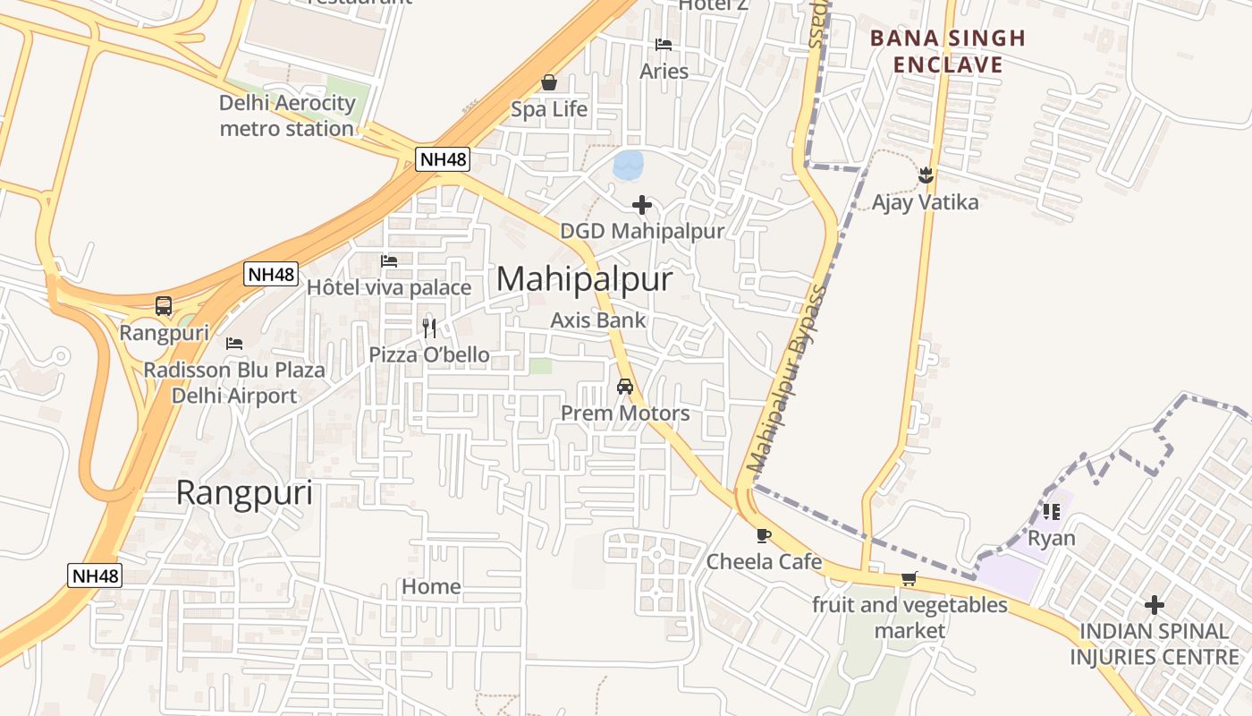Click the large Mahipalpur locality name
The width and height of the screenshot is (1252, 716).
point(584,279)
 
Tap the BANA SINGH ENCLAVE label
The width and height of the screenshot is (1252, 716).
point(947,51)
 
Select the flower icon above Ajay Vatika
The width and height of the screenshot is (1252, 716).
point(926,175)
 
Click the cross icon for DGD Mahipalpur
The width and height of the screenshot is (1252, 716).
point(642,205)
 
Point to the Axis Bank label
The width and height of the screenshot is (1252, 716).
point(597,320)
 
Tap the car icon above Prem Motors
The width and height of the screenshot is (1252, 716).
point(625,387)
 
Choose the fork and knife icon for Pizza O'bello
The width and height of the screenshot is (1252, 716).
point(429,328)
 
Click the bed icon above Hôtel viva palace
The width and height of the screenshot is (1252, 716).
point(389,261)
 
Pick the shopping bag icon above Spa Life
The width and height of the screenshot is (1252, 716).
point(549,82)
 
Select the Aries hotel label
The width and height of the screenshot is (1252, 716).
point(664,71)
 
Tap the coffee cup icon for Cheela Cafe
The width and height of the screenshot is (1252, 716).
point(763,535)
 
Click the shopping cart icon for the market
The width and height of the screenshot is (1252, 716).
point(909,578)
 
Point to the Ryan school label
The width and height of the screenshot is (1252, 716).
point(1051,539)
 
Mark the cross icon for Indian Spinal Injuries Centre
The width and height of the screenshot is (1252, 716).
point(1155,605)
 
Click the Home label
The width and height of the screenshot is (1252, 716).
point(431,586)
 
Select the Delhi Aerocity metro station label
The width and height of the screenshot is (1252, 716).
point(287,115)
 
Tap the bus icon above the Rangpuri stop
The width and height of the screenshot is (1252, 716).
point(164,306)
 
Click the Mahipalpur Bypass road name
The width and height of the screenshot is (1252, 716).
point(785,379)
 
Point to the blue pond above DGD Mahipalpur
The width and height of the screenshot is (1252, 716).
point(628,165)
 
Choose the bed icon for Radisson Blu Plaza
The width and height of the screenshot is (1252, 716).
point(234,343)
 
